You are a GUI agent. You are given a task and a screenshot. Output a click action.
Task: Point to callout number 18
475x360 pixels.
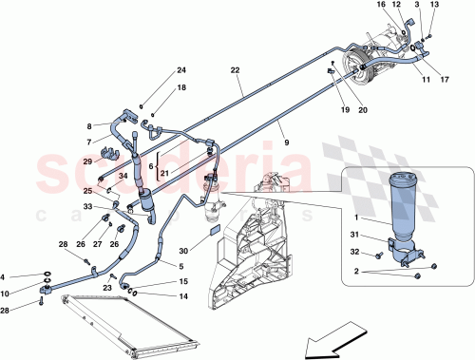click(x=181, y=88)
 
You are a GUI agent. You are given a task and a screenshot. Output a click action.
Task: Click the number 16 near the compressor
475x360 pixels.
click(x=381, y=7)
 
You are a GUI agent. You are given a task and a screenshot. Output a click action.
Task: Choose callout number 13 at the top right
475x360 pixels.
click(x=434, y=7)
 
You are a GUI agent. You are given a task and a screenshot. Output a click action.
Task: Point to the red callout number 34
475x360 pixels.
click(x=123, y=176)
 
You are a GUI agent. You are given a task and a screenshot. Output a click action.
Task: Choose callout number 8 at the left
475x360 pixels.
click(x=90, y=126)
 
